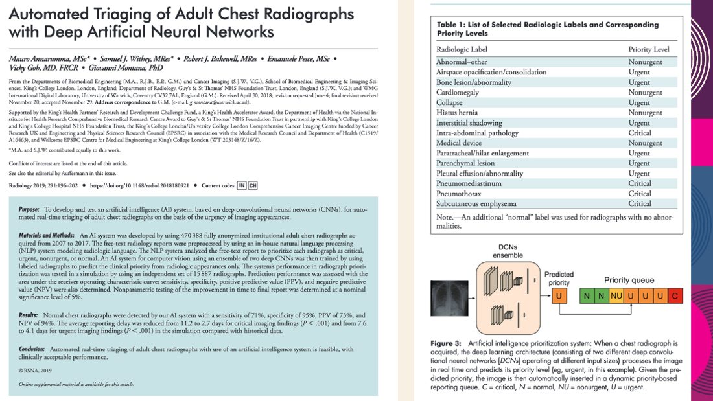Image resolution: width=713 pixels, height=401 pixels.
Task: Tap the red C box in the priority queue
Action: coord(675,296)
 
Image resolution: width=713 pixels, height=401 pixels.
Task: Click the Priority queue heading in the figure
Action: coord(629,280)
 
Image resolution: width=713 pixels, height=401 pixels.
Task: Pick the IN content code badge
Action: coord(242,185)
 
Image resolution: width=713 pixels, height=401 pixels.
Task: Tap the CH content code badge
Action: coord(252,185)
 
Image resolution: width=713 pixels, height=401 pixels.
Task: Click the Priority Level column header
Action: coord(649,49)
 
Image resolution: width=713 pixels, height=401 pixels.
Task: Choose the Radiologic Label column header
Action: coord(462,49)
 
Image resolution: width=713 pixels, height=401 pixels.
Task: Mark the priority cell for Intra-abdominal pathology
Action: coord(639,133)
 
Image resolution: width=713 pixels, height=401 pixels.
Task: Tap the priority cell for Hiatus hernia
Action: coord(645,113)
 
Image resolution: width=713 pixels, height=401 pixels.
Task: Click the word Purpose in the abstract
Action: coord(29,211)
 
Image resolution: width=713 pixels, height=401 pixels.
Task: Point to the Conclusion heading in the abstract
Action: coord(32,349)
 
